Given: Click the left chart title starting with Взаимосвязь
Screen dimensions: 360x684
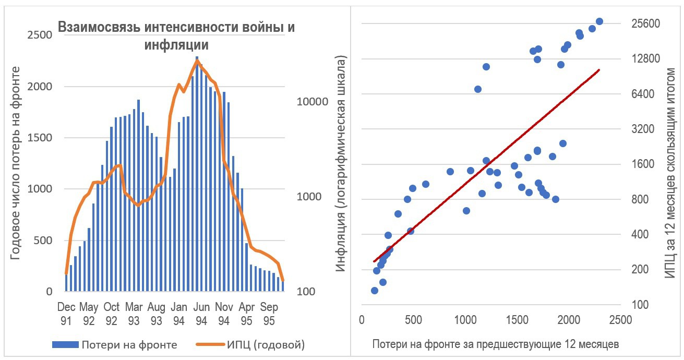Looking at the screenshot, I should (x=176, y=35).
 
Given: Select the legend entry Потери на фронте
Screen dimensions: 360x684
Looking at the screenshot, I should (x=128, y=344).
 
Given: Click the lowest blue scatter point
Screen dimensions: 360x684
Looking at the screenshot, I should (x=374, y=291).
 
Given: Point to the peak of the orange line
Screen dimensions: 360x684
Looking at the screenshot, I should (x=197, y=61).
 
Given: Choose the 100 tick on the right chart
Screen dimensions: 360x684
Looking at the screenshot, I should (x=640, y=305).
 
